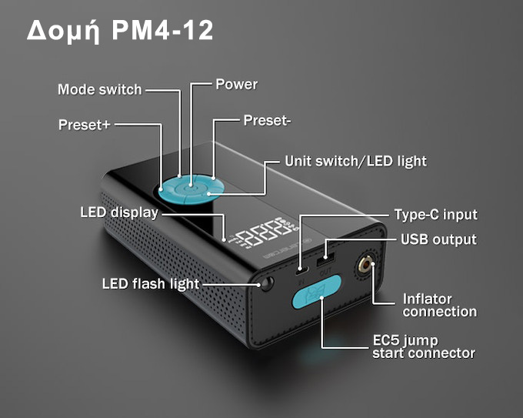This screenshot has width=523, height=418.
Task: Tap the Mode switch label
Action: (100, 89)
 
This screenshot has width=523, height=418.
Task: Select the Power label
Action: (236, 84)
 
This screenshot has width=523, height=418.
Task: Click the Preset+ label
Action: (85, 124)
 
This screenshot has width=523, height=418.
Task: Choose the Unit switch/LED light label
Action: (355, 162)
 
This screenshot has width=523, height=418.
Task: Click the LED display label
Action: (119, 212)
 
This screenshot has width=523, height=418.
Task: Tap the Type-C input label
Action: (435, 215)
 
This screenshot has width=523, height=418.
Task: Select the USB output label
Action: (438, 239)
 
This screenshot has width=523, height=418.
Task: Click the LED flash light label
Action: (151, 283)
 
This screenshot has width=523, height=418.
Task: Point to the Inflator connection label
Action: (439, 305)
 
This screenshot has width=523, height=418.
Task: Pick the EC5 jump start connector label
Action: (423, 346)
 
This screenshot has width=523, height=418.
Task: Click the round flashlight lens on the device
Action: (267, 283)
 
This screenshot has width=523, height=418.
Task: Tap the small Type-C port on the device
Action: (301, 269)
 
